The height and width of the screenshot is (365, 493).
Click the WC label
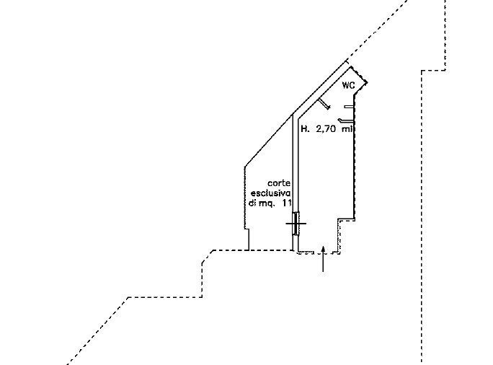(348, 85)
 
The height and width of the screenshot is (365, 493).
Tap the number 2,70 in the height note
(327, 128)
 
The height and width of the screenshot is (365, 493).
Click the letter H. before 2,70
(305, 128)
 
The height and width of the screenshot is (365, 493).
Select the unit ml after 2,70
(347, 128)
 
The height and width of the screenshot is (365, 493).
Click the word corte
(279, 183)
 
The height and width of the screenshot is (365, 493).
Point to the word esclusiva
(271, 193)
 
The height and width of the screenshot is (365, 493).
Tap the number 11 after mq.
(286, 203)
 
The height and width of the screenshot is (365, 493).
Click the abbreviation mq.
(267, 203)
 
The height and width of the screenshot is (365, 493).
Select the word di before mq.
(252, 203)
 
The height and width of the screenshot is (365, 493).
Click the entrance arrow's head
(323, 249)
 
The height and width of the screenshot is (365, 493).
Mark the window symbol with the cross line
(296, 224)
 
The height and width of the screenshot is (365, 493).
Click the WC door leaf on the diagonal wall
(324, 104)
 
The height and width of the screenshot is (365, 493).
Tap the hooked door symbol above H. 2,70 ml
(345, 120)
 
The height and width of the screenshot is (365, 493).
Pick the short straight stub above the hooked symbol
(349, 107)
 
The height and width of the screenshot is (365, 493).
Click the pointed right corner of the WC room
(366, 83)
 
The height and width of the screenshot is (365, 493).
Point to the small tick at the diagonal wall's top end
(347, 61)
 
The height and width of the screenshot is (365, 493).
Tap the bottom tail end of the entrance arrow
(323, 271)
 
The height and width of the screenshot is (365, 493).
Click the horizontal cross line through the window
(296, 224)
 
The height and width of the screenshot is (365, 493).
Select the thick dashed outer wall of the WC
(357, 74)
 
